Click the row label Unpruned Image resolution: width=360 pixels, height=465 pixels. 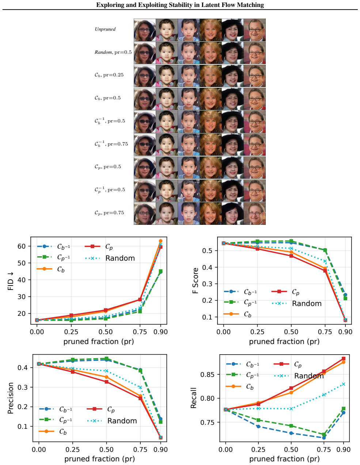pos(105,29)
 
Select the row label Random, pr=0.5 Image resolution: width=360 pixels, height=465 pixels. pos(113,52)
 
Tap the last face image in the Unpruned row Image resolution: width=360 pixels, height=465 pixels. pos(254,30)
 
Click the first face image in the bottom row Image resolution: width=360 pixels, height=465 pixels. pos(145,213)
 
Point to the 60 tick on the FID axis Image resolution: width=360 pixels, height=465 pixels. pos(22,246)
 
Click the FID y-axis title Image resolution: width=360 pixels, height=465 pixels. pos(11,281)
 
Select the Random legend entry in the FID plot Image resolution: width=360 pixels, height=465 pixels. pos(110,258)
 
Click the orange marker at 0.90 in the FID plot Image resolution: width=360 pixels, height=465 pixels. pos(161,241)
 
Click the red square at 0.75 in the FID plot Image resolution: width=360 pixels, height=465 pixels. pos(140,299)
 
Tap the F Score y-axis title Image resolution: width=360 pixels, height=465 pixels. pos(195,280)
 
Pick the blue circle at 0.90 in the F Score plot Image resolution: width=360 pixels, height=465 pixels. pos(345,295)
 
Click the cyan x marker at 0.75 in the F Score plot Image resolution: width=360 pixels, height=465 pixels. pos(325,261)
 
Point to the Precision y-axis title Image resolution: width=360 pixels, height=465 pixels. pos(11,398)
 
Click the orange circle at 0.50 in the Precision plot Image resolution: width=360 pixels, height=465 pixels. pos(106,377)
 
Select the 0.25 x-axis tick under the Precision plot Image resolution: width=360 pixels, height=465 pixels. pos(72,449)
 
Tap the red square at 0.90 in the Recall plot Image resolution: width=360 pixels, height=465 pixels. pos(344,358)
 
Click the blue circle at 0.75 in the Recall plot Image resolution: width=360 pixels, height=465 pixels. pos(324,438)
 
